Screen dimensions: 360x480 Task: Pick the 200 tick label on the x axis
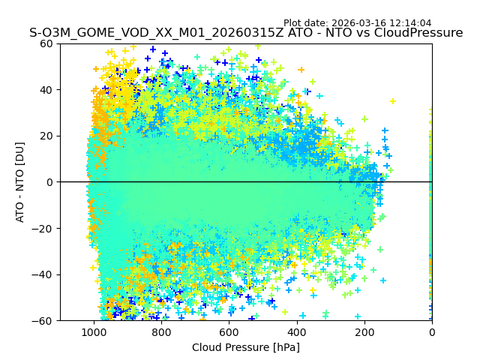(x=364, y=332)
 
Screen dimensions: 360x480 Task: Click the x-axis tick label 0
(x=432, y=332)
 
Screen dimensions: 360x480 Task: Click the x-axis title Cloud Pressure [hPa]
(x=246, y=347)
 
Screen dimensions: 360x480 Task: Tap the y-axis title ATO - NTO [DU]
(x=20, y=182)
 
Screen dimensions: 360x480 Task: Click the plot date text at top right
(x=357, y=23)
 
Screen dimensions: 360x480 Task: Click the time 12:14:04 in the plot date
(x=410, y=23)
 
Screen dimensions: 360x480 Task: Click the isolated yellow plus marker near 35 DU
(x=392, y=101)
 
